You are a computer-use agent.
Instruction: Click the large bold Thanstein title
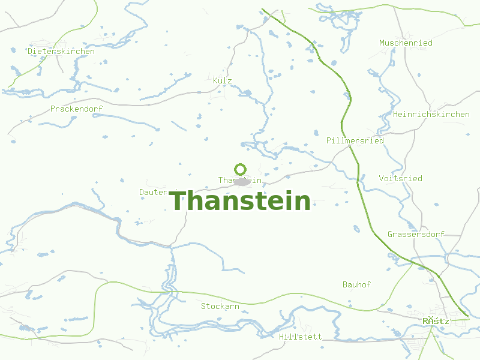click(x=240, y=201)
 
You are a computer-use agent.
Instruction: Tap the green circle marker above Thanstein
click(x=241, y=169)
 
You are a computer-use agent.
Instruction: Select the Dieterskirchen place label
click(x=61, y=52)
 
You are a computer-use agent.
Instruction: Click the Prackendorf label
click(x=76, y=109)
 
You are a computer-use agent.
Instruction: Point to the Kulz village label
click(x=222, y=80)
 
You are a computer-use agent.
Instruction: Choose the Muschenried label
click(x=406, y=43)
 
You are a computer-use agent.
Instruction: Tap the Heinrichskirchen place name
click(x=431, y=114)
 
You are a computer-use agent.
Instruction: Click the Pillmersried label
click(x=355, y=140)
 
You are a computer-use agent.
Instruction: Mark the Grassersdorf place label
click(x=415, y=234)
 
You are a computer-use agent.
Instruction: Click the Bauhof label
click(x=356, y=284)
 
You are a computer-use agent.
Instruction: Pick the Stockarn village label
click(x=220, y=307)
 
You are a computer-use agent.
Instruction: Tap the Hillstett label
click(x=300, y=337)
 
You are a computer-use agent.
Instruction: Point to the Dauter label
click(x=153, y=192)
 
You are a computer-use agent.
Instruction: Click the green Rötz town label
click(x=436, y=321)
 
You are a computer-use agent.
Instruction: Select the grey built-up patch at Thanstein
click(x=242, y=181)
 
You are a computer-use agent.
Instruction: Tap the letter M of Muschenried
click(x=382, y=43)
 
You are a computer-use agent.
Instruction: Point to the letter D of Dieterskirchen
click(x=31, y=52)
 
